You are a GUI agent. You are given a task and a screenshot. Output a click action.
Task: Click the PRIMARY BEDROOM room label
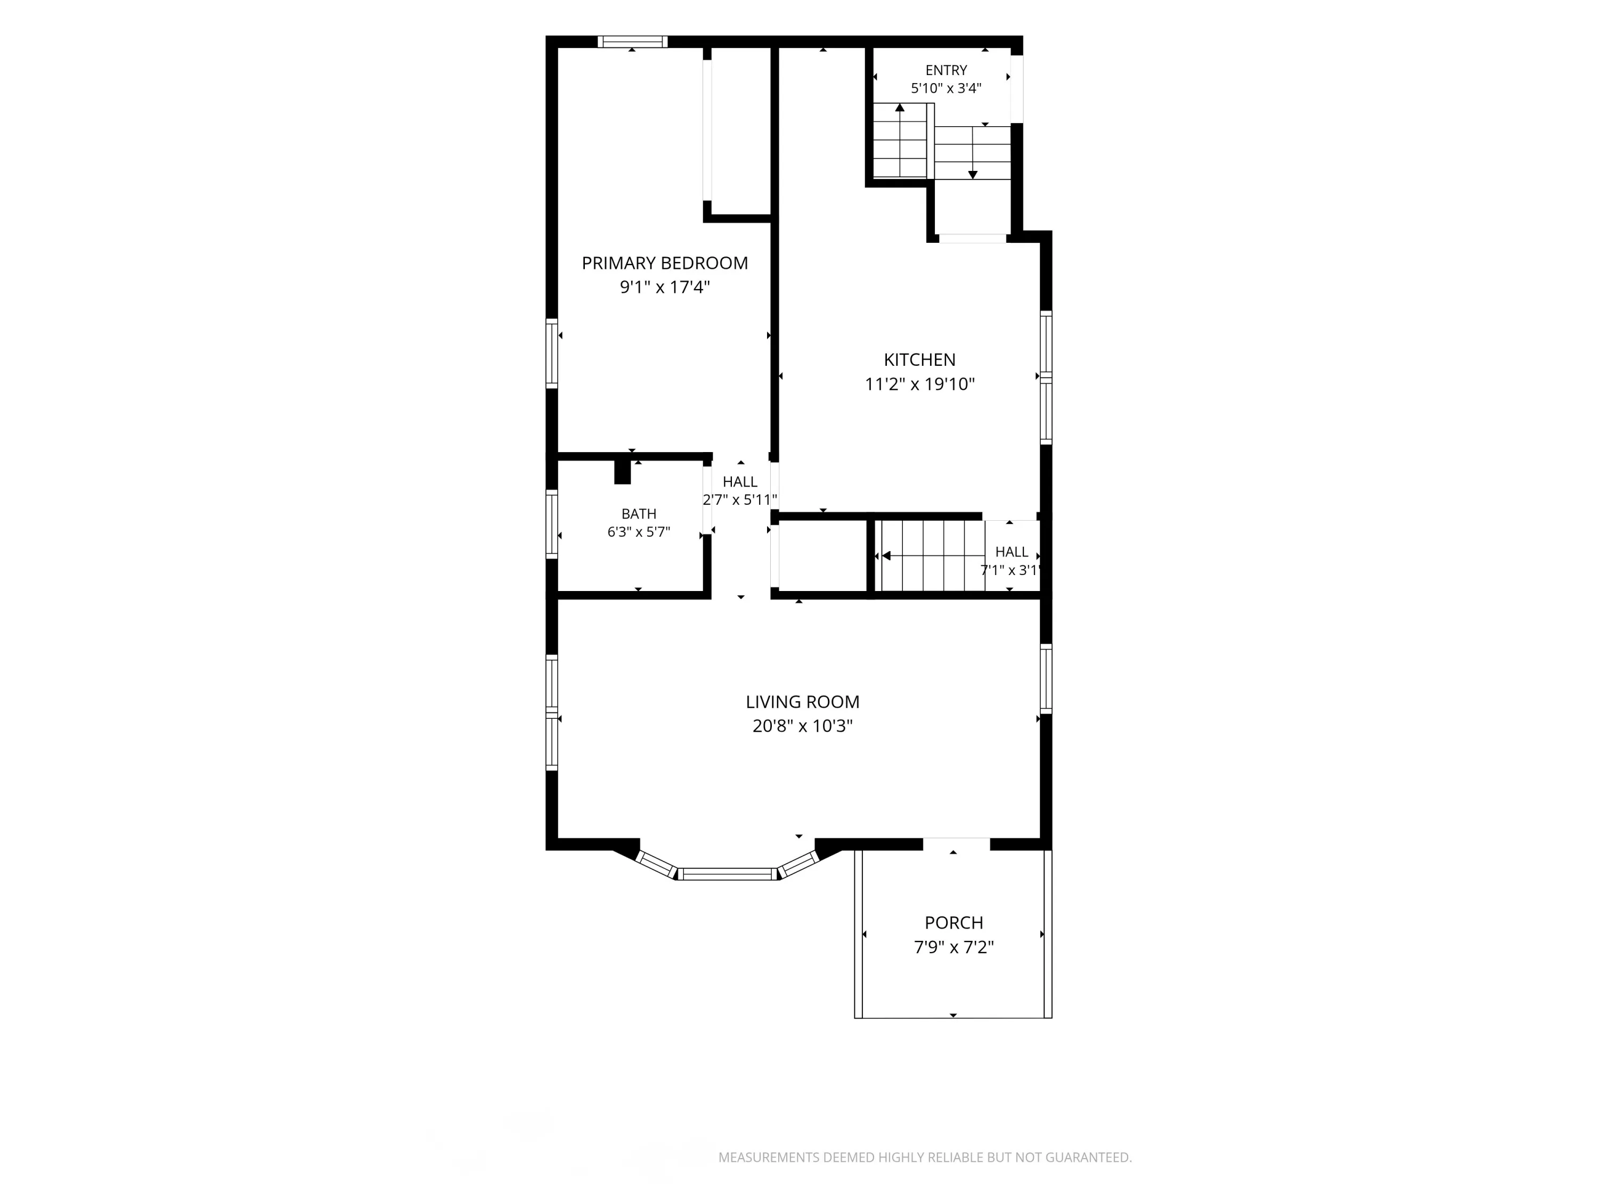coord(665,263)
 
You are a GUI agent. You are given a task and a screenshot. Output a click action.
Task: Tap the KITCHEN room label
coord(919,359)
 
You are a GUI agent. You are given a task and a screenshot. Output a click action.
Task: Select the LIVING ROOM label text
coord(803,702)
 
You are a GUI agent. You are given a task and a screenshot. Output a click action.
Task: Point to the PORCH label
coord(953,923)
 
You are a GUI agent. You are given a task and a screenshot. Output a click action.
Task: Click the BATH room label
coord(639,514)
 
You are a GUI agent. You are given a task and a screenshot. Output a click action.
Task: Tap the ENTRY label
coord(947,70)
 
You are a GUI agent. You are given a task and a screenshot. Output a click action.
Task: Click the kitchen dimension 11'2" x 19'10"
coord(919,384)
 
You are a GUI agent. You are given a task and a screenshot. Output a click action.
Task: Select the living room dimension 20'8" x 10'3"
coord(803,726)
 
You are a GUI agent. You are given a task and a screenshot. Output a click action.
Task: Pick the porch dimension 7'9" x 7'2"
coord(953,947)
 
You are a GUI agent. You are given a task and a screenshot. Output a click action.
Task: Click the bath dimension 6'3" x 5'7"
coord(639,532)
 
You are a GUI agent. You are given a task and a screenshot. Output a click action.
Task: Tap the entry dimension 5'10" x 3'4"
coord(947,88)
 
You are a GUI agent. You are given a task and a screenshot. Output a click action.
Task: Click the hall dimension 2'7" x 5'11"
coord(740,500)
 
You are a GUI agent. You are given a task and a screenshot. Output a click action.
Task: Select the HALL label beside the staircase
coord(1012,552)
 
